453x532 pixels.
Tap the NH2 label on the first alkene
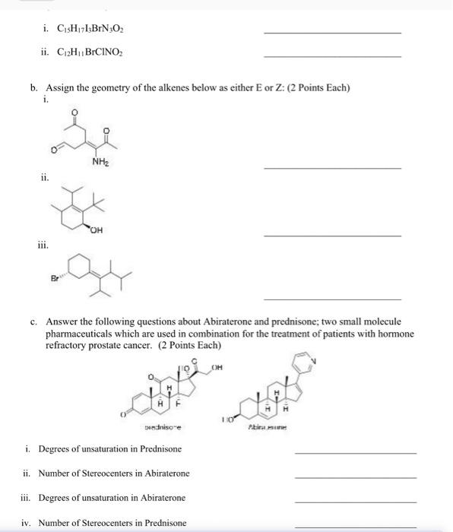pyautogui.click(x=99, y=162)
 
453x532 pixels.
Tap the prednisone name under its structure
pyautogui.click(x=173, y=428)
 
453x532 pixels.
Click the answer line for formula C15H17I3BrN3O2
pyautogui.click(x=332, y=33)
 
